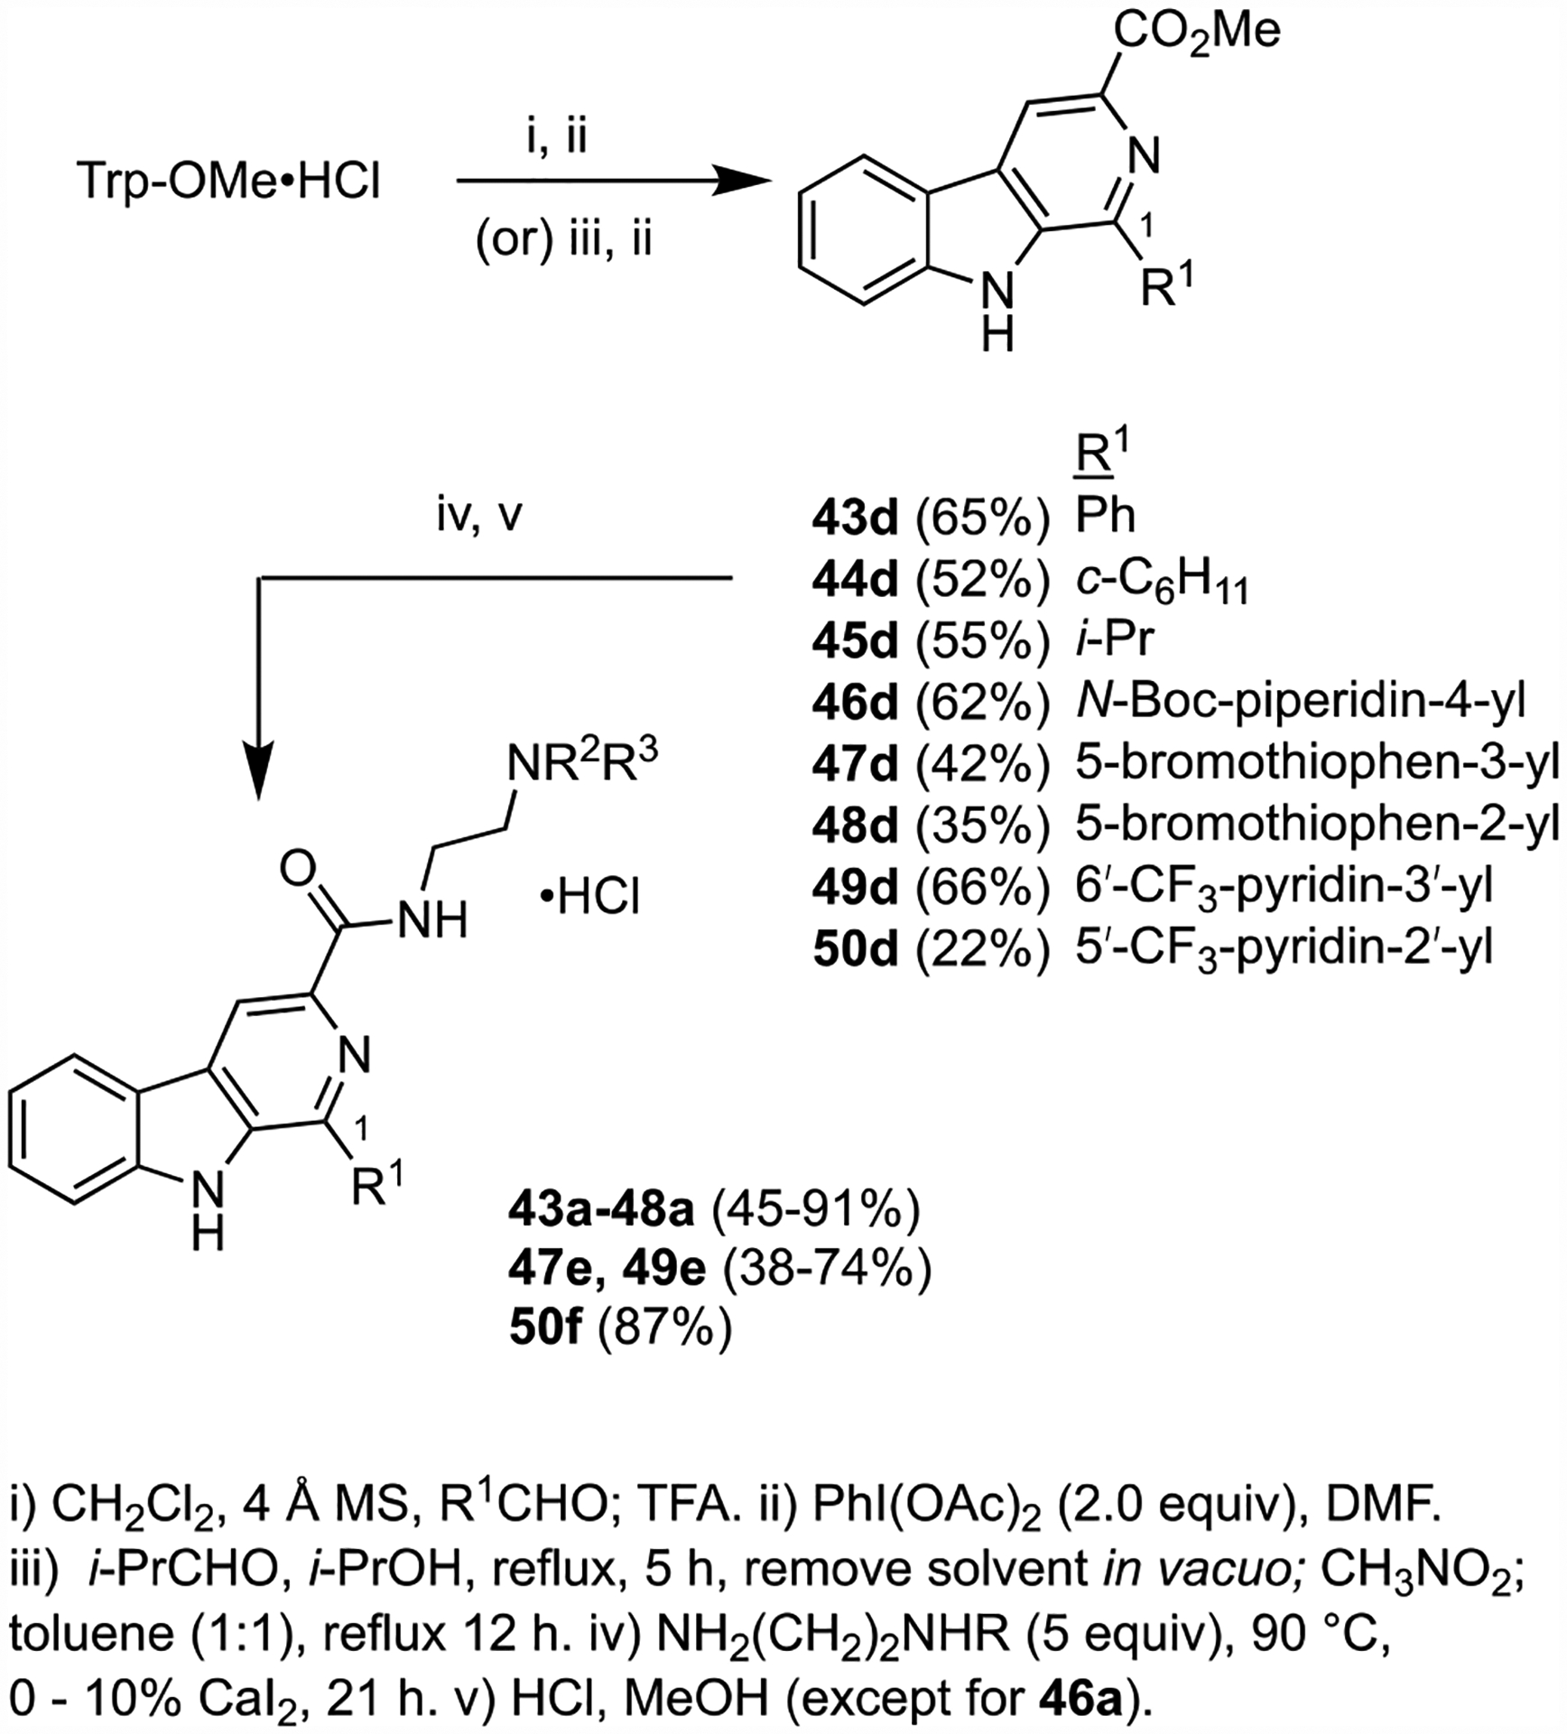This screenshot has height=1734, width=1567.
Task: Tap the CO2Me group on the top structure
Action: coord(1196,33)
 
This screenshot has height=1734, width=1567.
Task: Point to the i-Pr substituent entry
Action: coord(1114,640)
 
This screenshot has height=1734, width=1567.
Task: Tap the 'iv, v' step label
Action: coord(479,519)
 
